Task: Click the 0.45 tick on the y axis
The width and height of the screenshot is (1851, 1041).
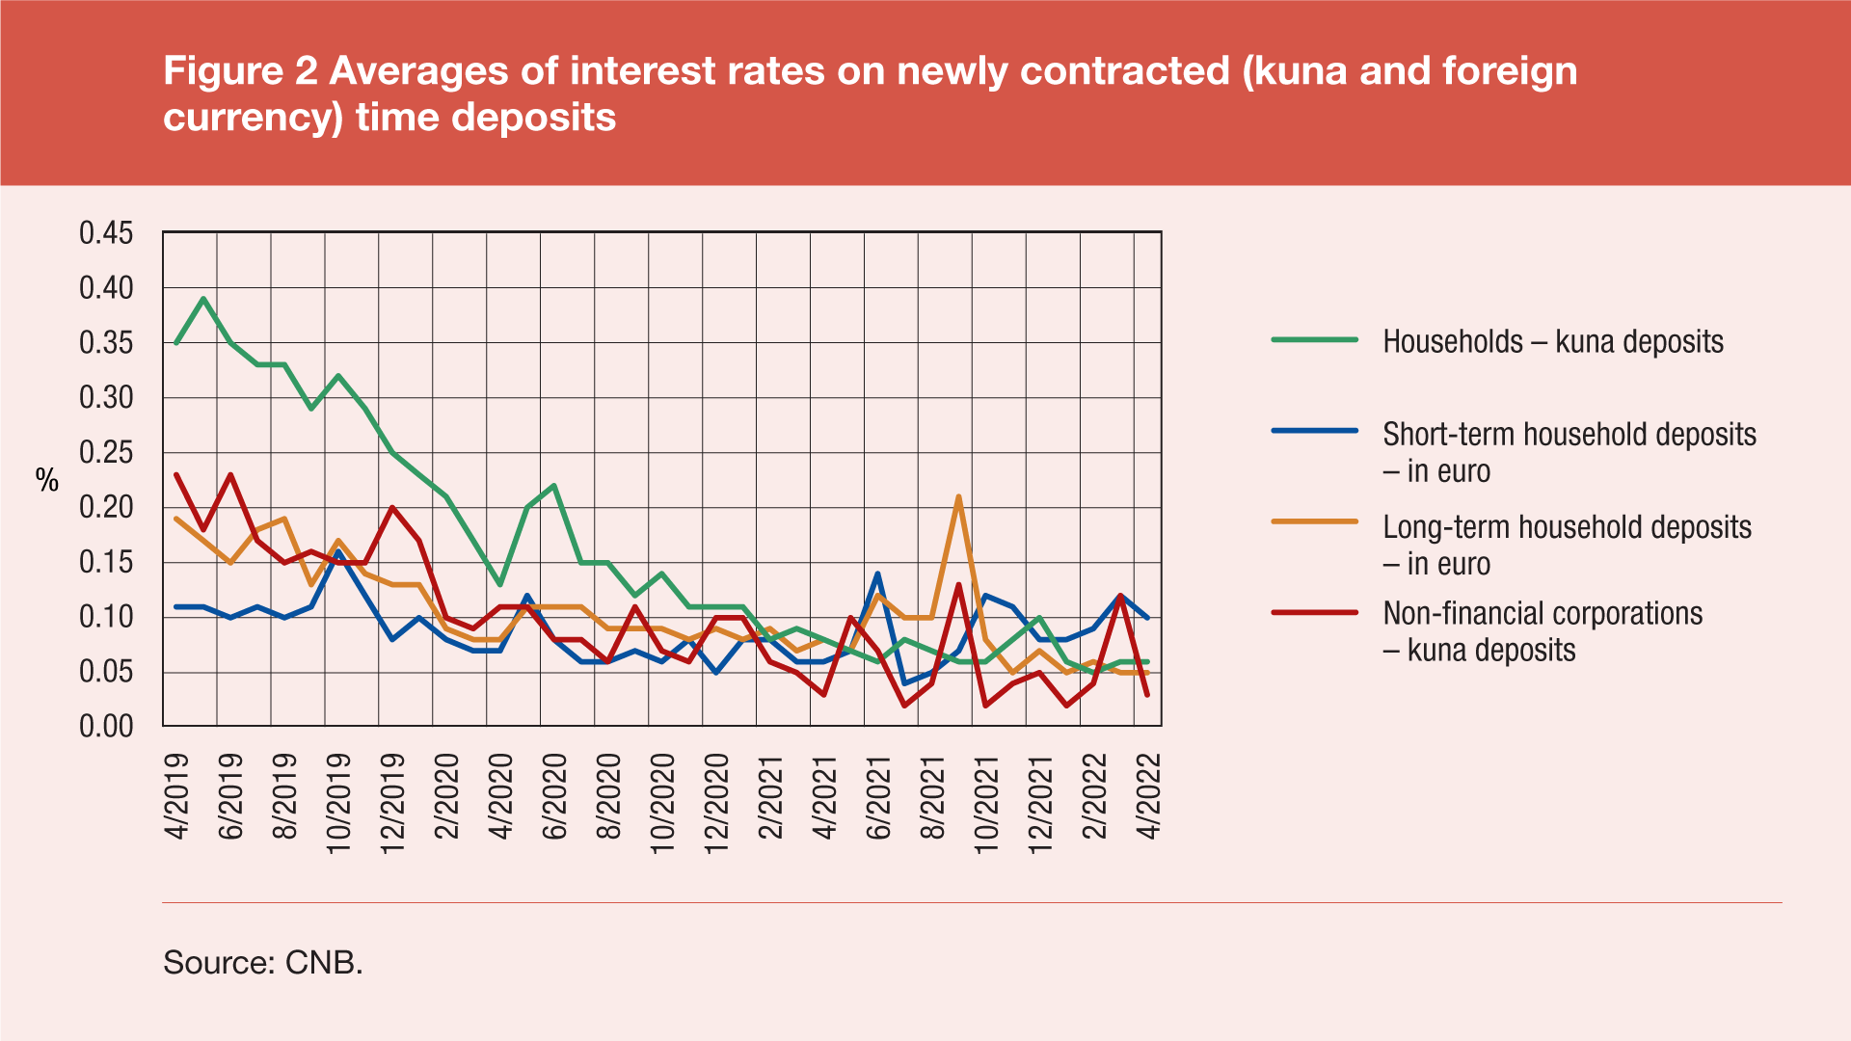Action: [106, 233]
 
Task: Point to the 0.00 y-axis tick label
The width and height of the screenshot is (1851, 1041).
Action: [106, 727]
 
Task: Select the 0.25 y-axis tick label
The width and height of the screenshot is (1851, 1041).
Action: [106, 453]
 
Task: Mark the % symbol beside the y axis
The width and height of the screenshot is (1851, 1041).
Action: [47, 480]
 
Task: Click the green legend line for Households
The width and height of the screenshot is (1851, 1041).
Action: [1314, 340]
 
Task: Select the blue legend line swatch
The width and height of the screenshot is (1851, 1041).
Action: [1314, 431]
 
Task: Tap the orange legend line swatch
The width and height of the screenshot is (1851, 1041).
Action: [1314, 521]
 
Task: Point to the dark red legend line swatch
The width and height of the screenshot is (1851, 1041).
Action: [1314, 613]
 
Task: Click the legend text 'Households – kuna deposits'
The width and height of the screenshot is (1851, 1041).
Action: [1552, 342]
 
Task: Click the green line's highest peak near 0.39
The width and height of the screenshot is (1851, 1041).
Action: [203, 299]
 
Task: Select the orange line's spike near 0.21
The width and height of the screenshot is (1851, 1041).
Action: [958, 497]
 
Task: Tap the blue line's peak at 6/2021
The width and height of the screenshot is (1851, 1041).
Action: [877, 574]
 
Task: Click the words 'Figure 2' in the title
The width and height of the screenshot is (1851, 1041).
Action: [240, 71]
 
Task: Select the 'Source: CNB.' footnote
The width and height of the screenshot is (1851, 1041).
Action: [263, 962]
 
